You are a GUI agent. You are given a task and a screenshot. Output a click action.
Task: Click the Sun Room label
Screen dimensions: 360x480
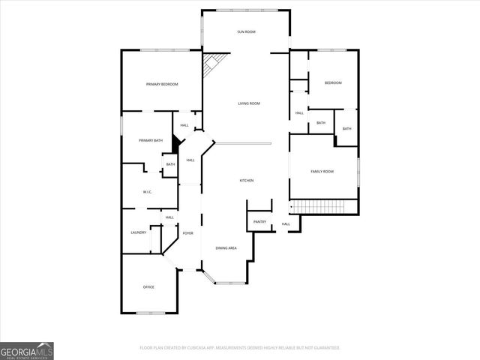click(246, 31)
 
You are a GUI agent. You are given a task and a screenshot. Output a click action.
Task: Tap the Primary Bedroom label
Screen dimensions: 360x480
click(162, 84)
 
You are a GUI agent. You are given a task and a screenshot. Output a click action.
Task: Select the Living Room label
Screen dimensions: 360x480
click(249, 103)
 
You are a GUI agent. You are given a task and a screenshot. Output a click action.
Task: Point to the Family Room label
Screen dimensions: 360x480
click(322, 172)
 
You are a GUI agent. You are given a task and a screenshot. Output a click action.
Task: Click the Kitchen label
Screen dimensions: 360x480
click(246, 181)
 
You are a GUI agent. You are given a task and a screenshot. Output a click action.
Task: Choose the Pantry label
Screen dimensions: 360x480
click(259, 222)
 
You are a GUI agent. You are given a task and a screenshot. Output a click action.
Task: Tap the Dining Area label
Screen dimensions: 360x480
click(226, 248)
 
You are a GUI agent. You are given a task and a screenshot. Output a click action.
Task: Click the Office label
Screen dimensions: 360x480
click(148, 287)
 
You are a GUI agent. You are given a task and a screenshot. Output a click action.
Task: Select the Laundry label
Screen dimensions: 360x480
click(138, 232)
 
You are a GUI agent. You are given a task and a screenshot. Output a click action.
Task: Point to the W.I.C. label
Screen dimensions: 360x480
click(148, 193)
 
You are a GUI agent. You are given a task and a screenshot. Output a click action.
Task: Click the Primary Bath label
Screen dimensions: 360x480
click(151, 141)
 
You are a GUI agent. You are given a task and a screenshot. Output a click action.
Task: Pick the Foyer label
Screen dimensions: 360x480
click(187, 234)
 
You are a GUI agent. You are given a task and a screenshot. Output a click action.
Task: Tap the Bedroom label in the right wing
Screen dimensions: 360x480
click(333, 82)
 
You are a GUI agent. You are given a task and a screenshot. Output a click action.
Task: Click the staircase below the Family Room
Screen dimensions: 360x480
click(316, 206)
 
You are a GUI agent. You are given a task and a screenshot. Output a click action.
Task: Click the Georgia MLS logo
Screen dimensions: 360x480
click(26, 351)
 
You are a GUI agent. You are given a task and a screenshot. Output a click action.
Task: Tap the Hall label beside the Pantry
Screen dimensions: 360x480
click(286, 224)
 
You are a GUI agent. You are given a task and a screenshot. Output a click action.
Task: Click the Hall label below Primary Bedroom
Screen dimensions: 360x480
click(184, 125)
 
